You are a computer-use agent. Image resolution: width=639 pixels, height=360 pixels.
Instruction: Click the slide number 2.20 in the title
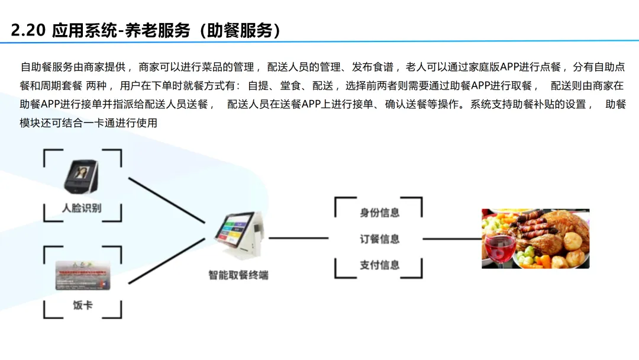(x=28, y=30)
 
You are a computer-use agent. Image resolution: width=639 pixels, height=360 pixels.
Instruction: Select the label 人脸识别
(x=82, y=208)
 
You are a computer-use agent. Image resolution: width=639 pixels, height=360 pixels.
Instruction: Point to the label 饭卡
(x=82, y=306)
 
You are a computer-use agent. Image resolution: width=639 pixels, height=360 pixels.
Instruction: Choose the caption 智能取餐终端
(x=238, y=275)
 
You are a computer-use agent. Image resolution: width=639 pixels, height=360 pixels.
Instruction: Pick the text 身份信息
(x=380, y=213)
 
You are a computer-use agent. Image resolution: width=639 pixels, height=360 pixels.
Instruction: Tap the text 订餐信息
(x=380, y=239)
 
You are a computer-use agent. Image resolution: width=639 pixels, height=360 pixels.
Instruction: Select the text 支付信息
(x=380, y=265)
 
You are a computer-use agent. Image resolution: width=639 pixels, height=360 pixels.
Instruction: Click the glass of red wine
(x=500, y=246)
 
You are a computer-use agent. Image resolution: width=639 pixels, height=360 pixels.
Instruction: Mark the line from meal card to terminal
(x=166, y=261)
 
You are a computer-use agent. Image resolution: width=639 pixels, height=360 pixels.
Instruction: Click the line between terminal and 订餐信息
(x=298, y=239)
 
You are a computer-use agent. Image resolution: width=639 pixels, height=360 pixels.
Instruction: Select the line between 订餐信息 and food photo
(x=451, y=239)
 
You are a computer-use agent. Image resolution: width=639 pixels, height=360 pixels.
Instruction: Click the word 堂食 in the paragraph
(x=289, y=85)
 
